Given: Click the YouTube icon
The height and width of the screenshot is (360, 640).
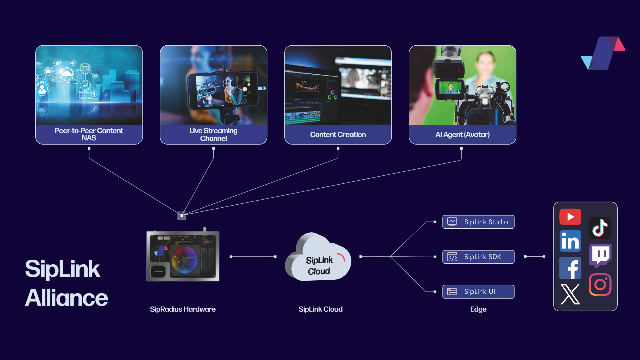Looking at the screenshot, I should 570,217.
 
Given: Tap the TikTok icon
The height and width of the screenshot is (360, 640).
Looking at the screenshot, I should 600,228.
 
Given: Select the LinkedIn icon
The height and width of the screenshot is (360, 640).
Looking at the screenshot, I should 570,241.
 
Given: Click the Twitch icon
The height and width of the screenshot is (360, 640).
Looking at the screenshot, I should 600,255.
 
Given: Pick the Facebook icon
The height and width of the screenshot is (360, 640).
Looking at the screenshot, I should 570,268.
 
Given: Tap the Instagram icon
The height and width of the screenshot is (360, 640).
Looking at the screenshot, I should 600,284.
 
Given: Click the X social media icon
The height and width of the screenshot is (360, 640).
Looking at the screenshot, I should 570,294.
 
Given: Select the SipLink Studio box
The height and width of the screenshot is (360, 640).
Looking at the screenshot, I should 478,222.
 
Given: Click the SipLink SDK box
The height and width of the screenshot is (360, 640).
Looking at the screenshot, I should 478,257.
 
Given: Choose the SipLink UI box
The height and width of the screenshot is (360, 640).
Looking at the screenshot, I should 478,292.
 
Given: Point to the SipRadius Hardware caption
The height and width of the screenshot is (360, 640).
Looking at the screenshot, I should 183,309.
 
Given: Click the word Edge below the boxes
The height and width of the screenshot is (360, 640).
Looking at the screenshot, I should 478,309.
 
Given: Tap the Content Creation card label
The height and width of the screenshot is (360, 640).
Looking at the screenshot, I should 338,135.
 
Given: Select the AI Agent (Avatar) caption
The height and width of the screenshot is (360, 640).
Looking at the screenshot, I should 462,135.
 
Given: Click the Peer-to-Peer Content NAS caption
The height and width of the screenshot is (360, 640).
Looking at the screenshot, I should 89,134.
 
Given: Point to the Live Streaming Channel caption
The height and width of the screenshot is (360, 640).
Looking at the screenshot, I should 213,134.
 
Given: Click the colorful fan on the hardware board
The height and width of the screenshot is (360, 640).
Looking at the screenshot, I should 185,260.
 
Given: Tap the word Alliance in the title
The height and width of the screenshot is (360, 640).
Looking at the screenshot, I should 67,298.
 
